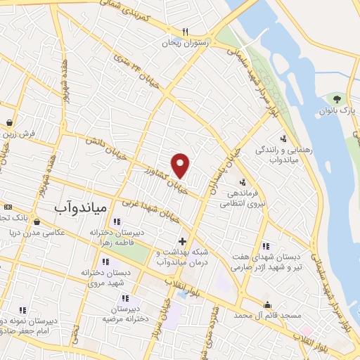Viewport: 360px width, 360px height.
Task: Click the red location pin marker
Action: [181, 165]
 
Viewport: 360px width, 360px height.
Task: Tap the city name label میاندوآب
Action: [80, 207]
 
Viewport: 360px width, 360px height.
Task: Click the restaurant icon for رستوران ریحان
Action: [186, 32]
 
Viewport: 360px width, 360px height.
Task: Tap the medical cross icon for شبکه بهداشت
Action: [183, 241]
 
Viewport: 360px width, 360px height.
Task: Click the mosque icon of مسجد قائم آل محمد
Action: [268, 305]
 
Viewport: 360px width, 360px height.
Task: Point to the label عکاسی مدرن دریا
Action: [50, 232]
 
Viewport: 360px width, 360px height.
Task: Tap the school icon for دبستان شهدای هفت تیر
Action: [266, 246]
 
